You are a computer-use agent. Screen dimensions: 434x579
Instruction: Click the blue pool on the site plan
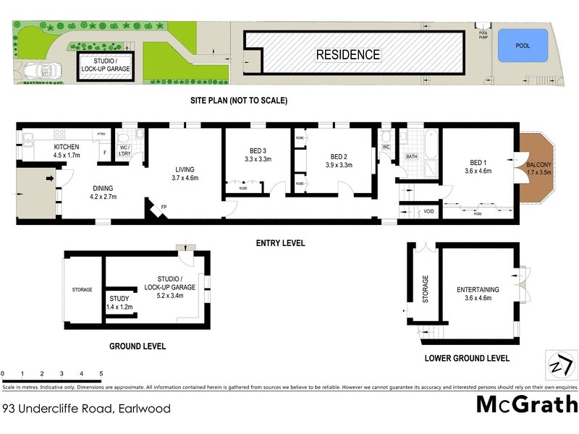(523, 45)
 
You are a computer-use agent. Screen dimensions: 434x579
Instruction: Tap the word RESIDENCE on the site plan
(347, 54)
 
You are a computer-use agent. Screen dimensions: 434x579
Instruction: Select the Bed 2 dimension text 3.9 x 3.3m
(340, 165)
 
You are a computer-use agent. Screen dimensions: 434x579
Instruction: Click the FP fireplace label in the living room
(164, 208)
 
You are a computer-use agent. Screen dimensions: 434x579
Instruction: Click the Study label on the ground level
(119, 298)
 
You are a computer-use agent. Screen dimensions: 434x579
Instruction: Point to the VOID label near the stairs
(428, 212)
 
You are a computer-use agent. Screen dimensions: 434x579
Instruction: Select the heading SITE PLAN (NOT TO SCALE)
(239, 101)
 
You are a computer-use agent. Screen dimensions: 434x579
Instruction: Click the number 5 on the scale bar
(101, 374)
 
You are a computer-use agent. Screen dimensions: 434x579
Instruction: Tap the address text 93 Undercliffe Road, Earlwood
(87, 409)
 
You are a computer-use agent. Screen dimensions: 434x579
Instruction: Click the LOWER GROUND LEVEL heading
(466, 358)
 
